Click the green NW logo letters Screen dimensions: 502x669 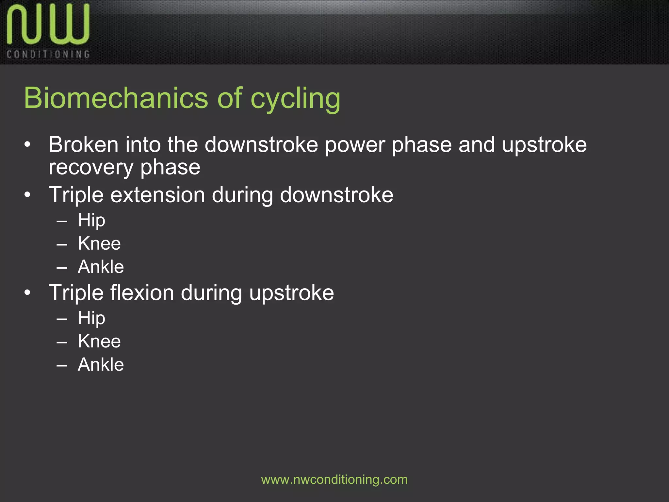pyautogui.click(x=48, y=25)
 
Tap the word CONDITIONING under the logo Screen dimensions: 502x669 pyautogui.click(x=48, y=54)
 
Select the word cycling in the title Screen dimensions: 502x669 pyautogui.click(x=295, y=99)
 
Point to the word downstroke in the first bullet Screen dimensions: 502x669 pyautogui.click(x=261, y=145)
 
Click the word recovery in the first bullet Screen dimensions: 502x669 pyautogui.click(x=91, y=168)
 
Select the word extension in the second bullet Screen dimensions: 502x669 pyautogui.click(x=157, y=195)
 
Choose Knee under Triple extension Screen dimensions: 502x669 pyautogui.click(x=99, y=243)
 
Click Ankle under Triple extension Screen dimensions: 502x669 pyautogui.click(x=101, y=267)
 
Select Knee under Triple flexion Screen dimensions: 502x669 pyautogui.click(x=99, y=341)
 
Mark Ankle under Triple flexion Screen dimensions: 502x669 pyautogui.click(x=101, y=364)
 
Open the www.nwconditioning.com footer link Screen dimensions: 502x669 pyautogui.click(x=334, y=480)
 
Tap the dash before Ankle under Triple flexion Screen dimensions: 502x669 pyautogui.click(x=62, y=365)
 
